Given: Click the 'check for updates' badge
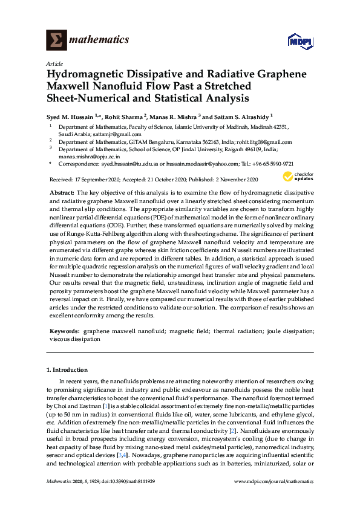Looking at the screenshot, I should tap(299, 177).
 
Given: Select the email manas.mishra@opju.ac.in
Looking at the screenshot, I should tap(89, 157).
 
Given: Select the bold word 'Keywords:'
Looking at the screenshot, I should tap(64, 331).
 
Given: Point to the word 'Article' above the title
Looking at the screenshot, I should tap(54, 63).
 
